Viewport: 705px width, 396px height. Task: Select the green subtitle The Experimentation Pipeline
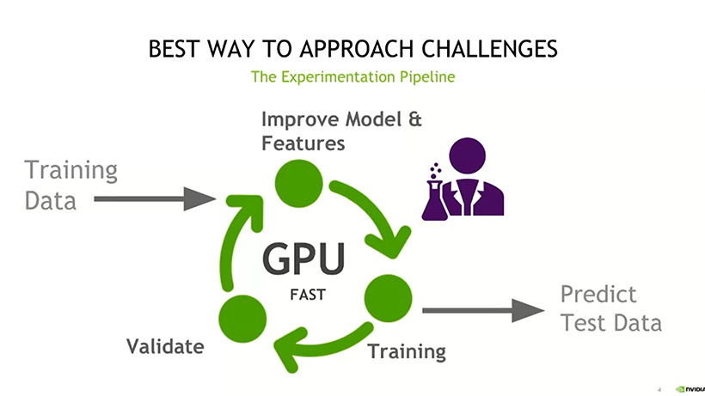click(x=352, y=76)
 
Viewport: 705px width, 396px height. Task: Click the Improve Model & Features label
click(x=340, y=131)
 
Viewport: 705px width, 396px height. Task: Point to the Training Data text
click(x=70, y=185)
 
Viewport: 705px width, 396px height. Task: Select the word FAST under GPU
click(x=307, y=295)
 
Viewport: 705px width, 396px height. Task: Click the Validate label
click(x=165, y=347)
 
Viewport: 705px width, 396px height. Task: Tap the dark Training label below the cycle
click(x=407, y=351)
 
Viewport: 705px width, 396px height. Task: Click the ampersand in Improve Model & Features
click(x=414, y=119)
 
